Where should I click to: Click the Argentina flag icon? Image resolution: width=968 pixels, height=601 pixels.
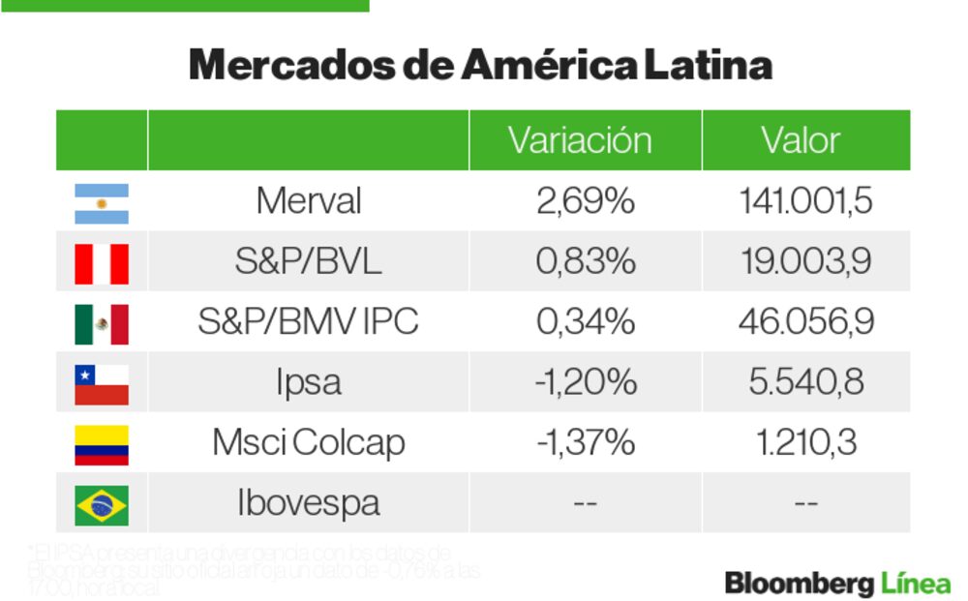(102, 203)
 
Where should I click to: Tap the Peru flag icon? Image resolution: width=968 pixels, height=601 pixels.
(102, 263)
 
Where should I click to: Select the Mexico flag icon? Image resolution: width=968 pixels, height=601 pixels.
(102, 324)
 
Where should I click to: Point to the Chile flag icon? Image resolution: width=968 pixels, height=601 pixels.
(102, 384)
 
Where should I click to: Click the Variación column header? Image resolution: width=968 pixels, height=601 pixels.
(580, 140)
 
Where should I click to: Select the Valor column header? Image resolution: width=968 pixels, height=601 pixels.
(801, 140)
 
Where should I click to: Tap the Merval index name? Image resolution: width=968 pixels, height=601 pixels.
(308, 201)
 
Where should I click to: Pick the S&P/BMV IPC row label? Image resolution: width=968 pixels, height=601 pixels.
(308, 322)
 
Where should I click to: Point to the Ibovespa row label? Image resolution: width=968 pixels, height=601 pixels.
(308, 503)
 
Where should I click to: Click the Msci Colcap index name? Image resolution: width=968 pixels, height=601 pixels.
(308, 443)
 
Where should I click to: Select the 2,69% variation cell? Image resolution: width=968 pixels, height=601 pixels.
(585, 201)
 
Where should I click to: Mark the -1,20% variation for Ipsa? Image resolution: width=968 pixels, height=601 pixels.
(585, 382)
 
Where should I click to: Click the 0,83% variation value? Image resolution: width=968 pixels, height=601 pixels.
(585, 262)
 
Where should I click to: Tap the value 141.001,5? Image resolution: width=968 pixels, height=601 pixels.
(805, 201)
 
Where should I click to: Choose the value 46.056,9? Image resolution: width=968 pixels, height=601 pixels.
(805, 322)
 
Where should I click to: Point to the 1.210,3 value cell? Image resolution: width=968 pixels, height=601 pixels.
(805, 443)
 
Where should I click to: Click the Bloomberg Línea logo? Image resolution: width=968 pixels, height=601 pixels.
(837, 584)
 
